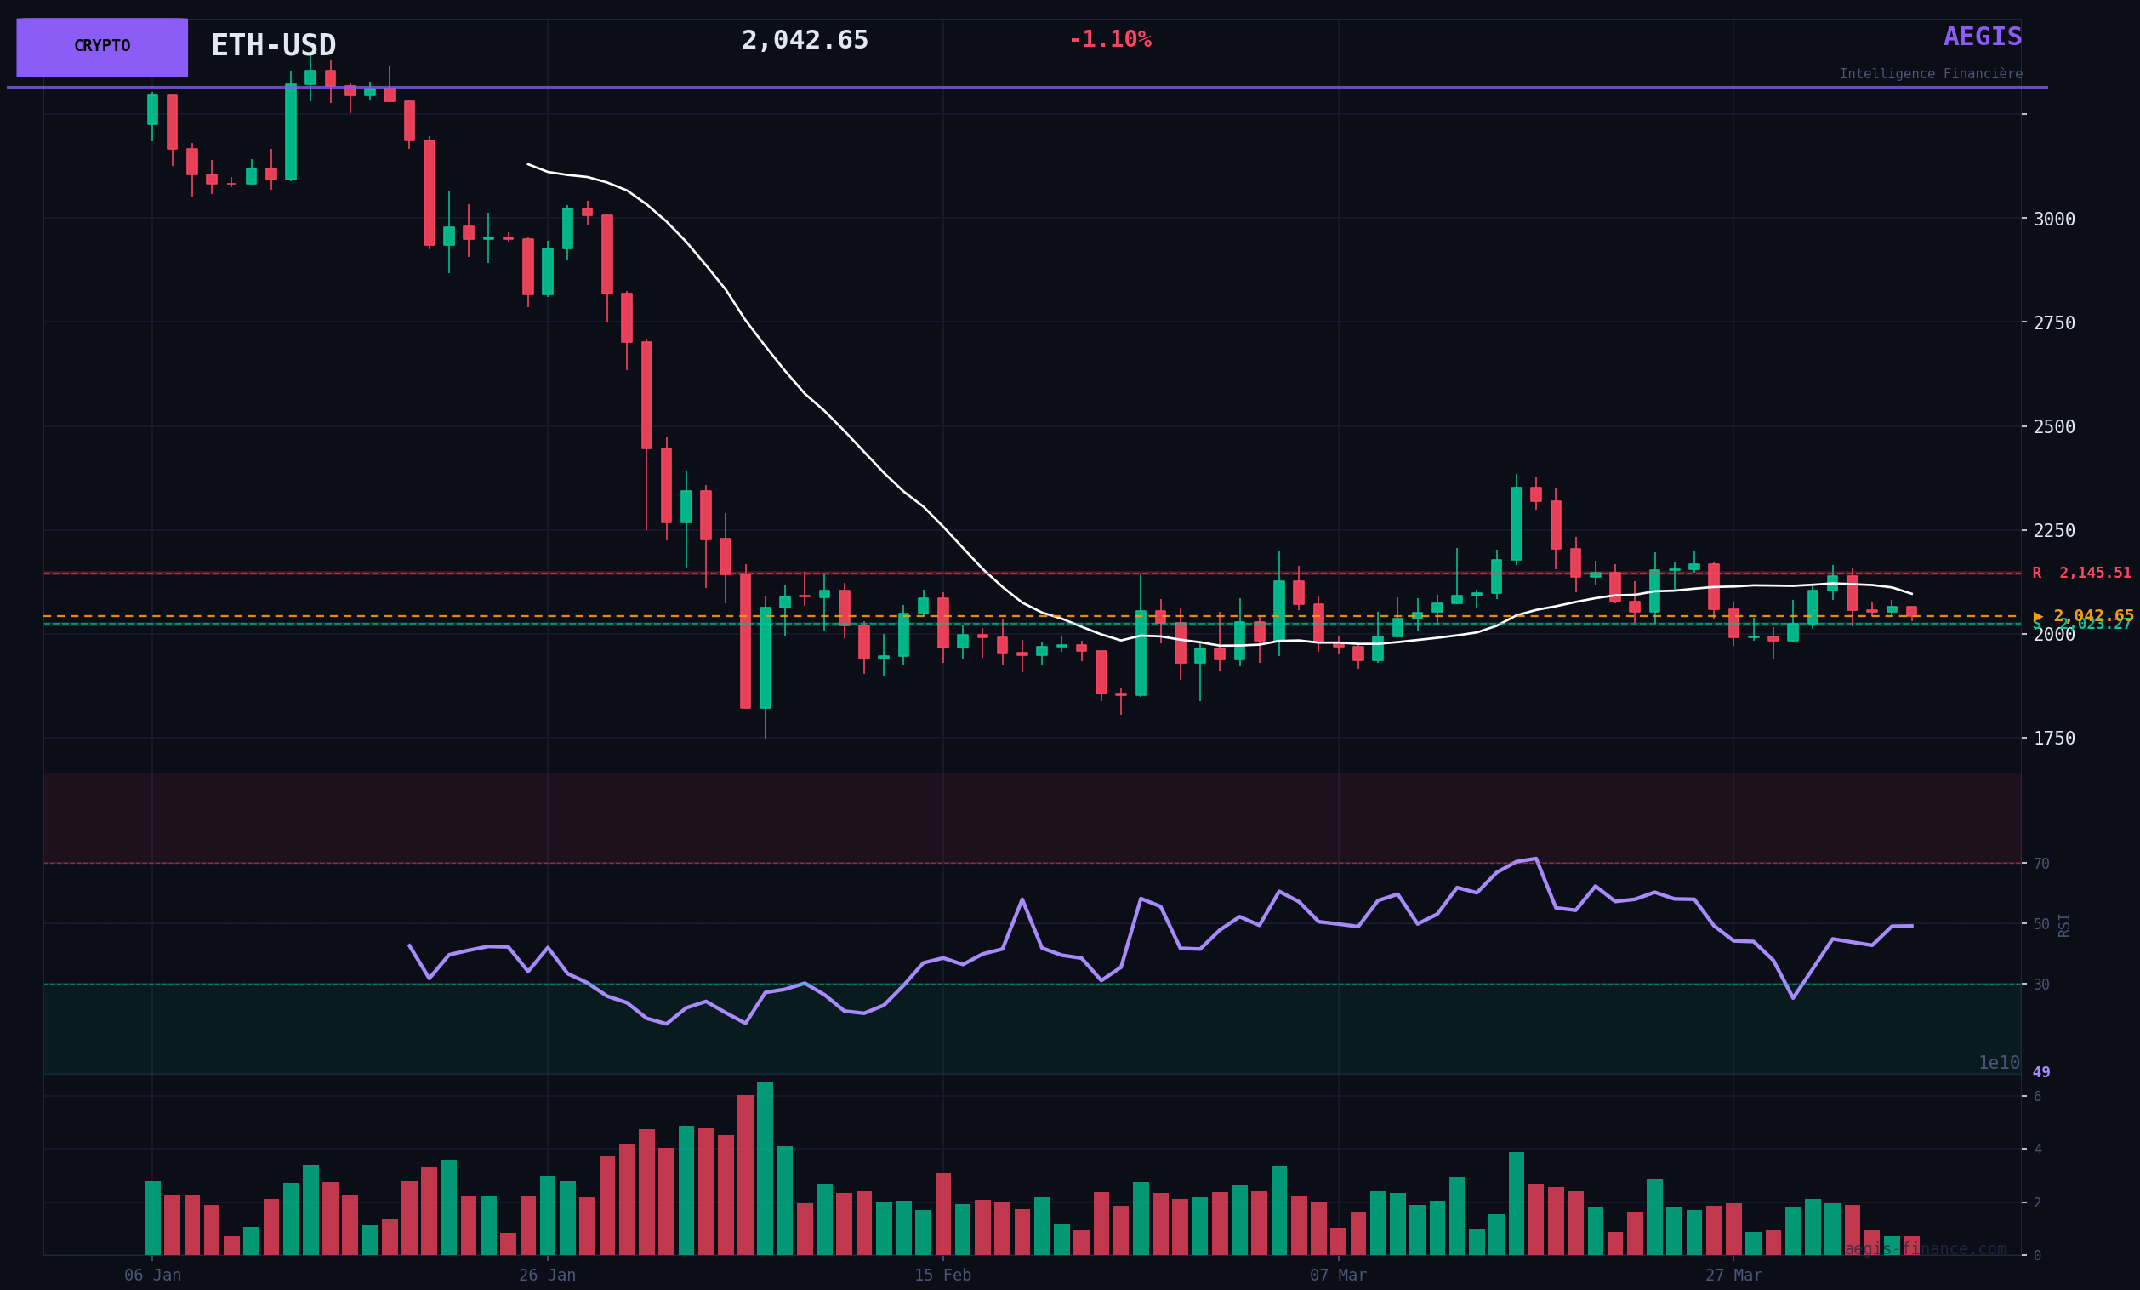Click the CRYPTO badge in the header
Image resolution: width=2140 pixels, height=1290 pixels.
tap(101, 47)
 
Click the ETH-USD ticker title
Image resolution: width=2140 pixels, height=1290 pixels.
tap(273, 45)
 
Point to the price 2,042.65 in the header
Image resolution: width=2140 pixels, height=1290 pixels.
tap(805, 41)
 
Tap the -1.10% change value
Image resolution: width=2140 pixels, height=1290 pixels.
tap(1109, 40)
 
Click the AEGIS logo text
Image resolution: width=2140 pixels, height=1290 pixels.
tap(1982, 37)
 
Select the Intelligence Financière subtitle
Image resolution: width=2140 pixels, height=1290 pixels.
tap(1930, 74)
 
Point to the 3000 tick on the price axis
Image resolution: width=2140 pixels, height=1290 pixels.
tap(2054, 219)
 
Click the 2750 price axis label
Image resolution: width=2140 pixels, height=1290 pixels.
tap(2054, 323)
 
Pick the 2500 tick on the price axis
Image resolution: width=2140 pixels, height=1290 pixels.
tap(2054, 426)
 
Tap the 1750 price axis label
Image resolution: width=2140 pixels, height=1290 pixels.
tap(2054, 739)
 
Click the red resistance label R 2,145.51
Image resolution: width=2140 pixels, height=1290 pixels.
tap(2081, 574)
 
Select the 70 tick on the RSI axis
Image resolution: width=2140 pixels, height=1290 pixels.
tap(2041, 864)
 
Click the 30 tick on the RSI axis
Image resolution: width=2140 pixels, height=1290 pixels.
tap(2041, 985)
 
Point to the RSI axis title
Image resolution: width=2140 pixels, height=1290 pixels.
tap(2064, 924)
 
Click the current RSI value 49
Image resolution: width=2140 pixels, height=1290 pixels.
tap(2041, 1072)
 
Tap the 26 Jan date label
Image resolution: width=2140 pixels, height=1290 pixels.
tap(547, 1276)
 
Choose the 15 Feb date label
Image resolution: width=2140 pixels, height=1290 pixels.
tap(942, 1276)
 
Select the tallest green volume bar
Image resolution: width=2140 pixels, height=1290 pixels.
tap(765, 1168)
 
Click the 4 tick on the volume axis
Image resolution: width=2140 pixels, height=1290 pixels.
tap(2038, 1150)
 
